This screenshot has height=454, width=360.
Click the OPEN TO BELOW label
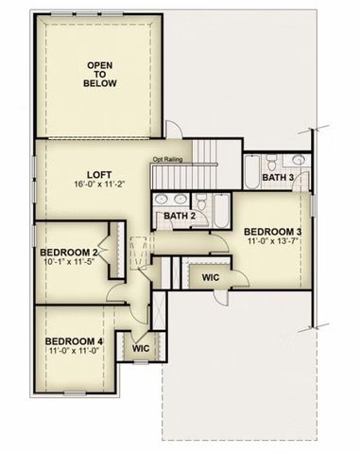[99, 74]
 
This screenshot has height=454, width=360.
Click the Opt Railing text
[167, 160]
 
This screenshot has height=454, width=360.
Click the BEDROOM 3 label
[272, 232]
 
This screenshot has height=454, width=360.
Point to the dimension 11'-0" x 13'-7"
[272, 242]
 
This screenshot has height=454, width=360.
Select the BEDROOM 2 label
[69, 253]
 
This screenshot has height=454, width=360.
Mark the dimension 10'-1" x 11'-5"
[69, 264]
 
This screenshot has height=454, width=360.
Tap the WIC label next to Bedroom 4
[141, 348]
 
